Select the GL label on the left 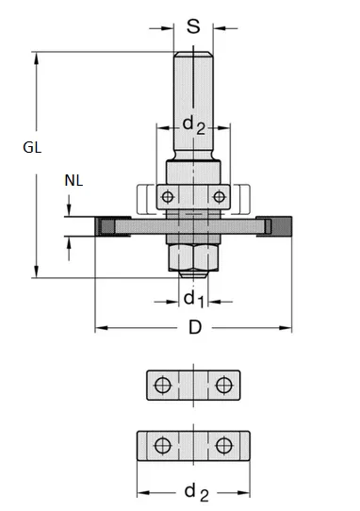point(33,148)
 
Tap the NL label point(73,180)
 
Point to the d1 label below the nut point(192,300)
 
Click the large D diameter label point(194,327)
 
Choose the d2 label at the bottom point(196,490)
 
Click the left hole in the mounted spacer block point(167,197)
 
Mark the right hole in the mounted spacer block point(219,197)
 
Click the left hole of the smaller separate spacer point(163,386)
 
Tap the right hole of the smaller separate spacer point(223,386)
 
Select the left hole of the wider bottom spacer point(163,445)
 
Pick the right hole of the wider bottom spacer point(223,445)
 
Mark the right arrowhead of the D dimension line point(289,328)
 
